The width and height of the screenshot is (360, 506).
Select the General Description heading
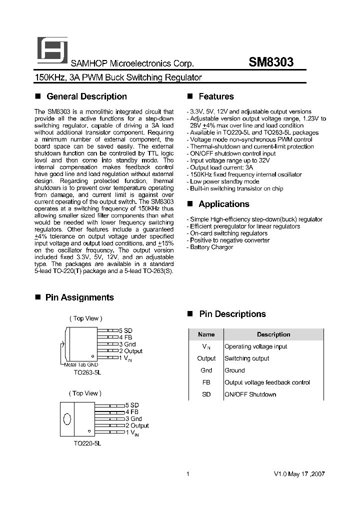86,96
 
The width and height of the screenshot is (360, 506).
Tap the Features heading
216,96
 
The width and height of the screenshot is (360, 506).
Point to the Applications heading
223,204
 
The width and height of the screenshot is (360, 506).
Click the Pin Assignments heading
79,297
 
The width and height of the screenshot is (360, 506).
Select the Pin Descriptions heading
232,314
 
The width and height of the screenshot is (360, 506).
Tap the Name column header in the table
206,334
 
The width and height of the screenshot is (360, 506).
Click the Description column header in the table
273,334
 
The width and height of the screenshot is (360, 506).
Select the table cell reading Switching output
247,358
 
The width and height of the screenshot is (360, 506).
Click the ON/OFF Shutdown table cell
250,394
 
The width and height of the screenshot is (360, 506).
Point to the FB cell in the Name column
206,382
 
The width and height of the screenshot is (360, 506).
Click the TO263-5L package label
87,372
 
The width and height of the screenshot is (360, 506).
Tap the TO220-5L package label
87,443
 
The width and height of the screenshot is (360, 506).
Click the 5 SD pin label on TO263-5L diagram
125,331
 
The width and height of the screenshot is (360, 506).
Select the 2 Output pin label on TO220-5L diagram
137,425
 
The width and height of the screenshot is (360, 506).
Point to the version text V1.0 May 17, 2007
299,474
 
